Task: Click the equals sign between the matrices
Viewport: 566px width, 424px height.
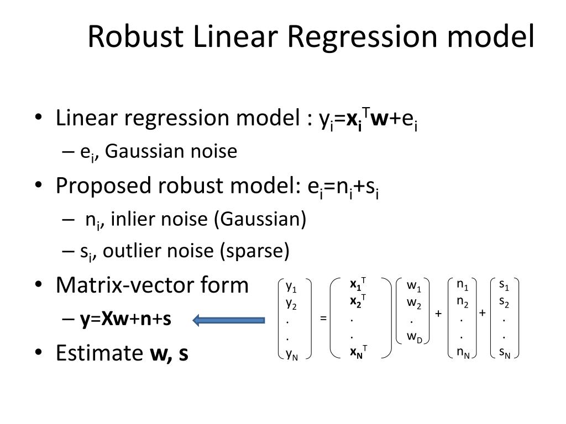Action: point(323,319)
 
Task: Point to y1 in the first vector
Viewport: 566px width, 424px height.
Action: point(291,287)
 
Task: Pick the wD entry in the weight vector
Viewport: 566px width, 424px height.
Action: point(415,338)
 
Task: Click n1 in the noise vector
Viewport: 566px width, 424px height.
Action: point(462,285)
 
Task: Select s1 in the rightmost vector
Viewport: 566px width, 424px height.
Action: point(504,285)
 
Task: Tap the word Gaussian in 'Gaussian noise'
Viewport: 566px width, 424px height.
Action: point(140,151)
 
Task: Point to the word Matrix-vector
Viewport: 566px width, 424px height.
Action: point(128,285)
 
